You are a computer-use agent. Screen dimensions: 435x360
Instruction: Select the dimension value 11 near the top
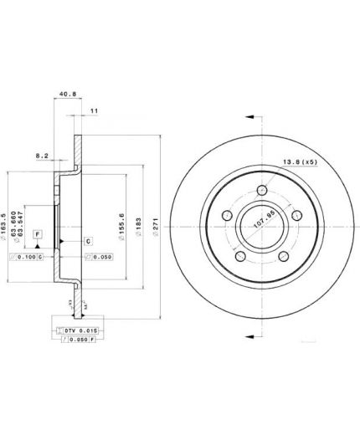click(93, 110)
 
